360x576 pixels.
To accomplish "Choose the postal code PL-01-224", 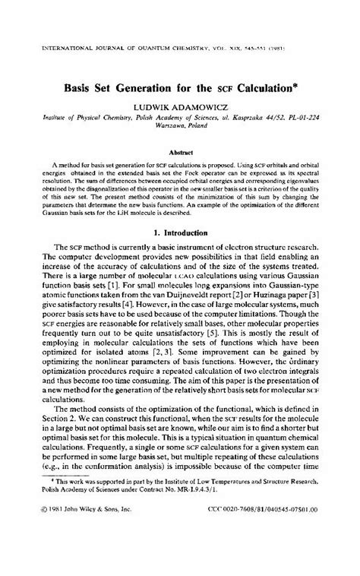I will pos(309,119).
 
